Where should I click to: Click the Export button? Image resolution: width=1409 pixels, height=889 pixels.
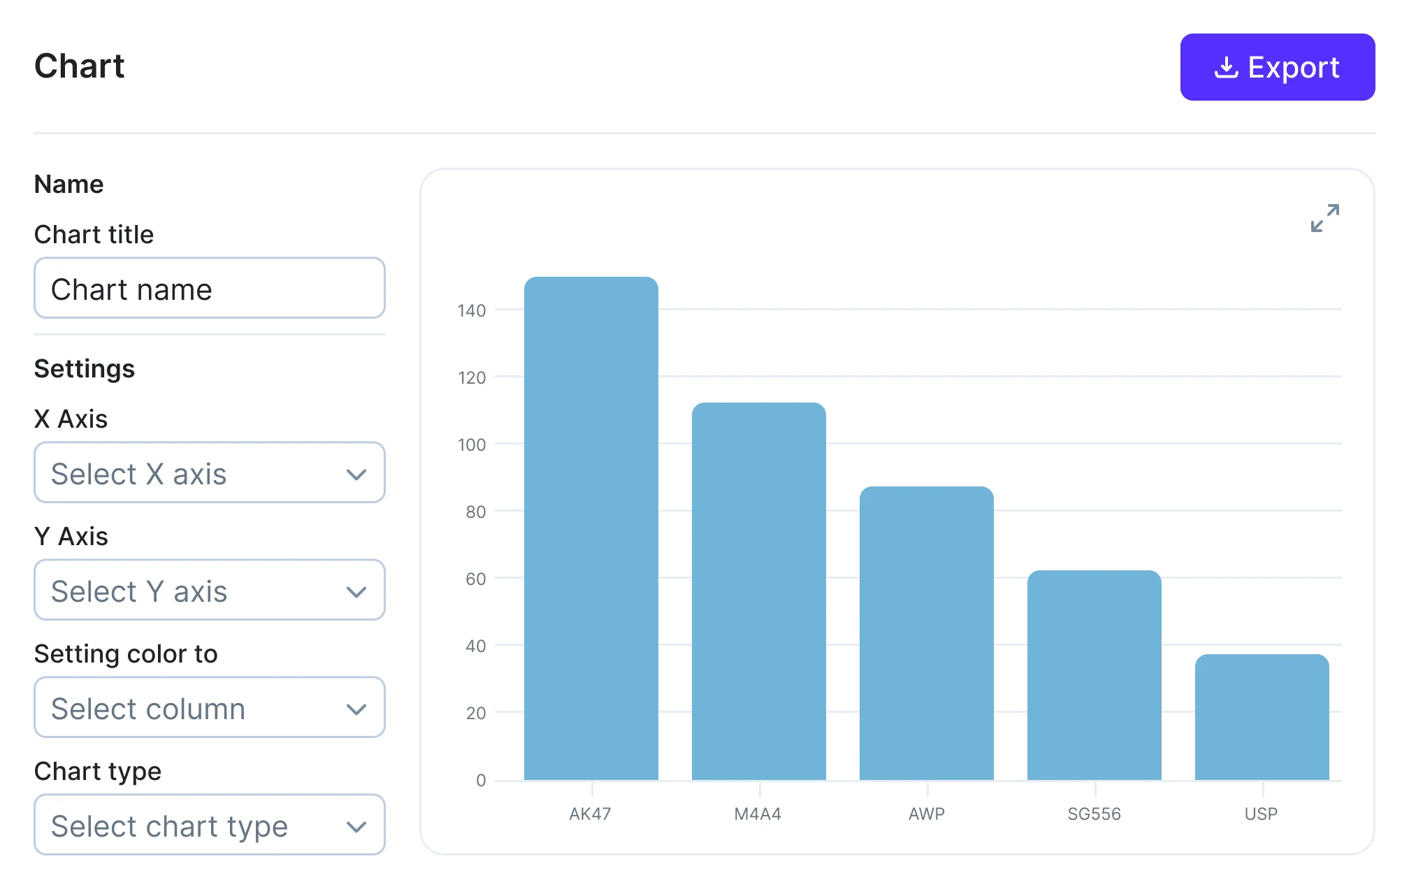point(1277,67)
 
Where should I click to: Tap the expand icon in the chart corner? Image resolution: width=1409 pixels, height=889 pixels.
point(1324,218)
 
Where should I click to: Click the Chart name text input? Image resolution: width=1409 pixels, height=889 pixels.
point(209,289)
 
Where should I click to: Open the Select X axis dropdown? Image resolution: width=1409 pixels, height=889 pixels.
point(209,473)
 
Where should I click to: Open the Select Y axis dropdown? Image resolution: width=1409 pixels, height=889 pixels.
point(209,591)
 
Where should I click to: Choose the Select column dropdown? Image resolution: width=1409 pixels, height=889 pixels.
point(209,708)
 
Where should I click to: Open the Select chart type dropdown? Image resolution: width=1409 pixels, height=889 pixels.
point(209,825)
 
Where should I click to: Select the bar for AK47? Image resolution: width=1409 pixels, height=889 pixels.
point(591,528)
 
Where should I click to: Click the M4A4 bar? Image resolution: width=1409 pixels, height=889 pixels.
point(758,591)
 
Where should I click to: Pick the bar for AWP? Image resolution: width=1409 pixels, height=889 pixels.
point(926,633)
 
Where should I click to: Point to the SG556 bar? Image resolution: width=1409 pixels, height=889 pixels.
point(1094,675)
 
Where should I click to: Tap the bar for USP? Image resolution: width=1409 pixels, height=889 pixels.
point(1262,717)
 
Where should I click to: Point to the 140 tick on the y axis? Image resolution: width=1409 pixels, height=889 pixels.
point(472,311)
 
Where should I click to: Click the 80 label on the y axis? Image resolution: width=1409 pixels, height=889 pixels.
point(475,512)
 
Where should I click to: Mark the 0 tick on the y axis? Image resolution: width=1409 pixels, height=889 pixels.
point(481,781)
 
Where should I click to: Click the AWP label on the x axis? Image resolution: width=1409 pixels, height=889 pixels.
point(926,814)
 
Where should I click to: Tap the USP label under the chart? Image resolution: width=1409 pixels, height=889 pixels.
point(1261,814)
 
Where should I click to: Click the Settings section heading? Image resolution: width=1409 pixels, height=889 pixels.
point(85,369)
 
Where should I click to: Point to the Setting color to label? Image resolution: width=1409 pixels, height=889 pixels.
point(126,654)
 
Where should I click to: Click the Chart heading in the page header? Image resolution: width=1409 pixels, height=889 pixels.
point(79,66)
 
